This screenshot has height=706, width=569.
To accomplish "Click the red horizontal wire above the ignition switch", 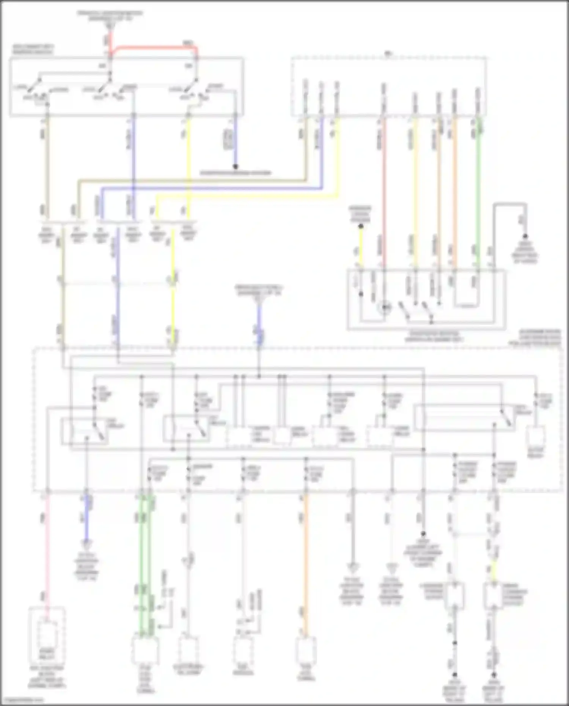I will pyautogui.click(x=156, y=47).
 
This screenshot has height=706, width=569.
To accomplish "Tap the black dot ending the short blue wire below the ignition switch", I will pyautogui.click(x=235, y=167).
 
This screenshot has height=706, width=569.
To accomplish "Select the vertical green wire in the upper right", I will pyautogui.click(x=478, y=190).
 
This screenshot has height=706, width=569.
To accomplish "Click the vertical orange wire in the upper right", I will pyautogui.click(x=454, y=190).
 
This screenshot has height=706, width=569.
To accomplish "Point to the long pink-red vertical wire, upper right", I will pyautogui.click(x=384, y=190).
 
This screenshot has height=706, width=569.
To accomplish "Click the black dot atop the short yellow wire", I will pyautogui.click(x=361, y=226).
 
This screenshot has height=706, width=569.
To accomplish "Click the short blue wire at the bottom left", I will pyautogui.click(x=87, y=520).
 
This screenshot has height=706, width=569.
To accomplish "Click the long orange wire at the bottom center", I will pyautogui.click(x=305, y=561).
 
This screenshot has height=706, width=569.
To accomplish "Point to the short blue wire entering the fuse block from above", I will pyautogui.click(x=259, y=326).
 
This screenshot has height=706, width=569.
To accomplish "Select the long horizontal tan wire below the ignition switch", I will pyautogui.click(x=190, y=181).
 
